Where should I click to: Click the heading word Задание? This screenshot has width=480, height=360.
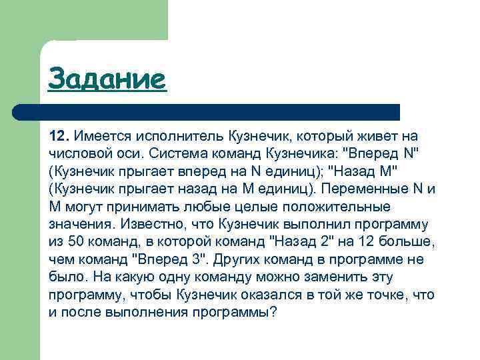coord(106,79)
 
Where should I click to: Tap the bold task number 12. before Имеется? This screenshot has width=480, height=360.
coord(59,135)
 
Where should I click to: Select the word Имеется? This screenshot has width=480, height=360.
coord(101,135)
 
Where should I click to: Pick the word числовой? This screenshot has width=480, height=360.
coord(81,153)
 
